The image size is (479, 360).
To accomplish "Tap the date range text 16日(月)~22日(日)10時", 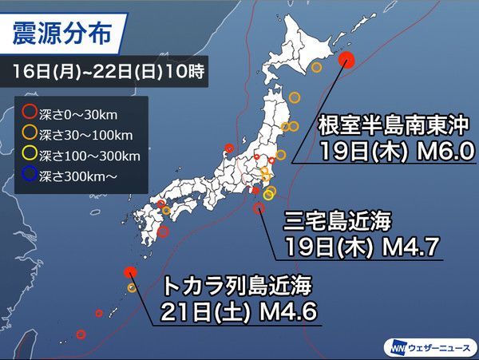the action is pos(109,72).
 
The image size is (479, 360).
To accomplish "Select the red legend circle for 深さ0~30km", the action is pos(30,112).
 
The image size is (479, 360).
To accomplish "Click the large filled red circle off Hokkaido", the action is pos(346,59).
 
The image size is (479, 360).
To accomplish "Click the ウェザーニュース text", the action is pos(437,348).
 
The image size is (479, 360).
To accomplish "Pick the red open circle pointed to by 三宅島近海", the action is pos(259,208).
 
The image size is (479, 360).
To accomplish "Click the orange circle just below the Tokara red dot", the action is pos(132,287).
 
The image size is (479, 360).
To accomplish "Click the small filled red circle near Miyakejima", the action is pos(255,190).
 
